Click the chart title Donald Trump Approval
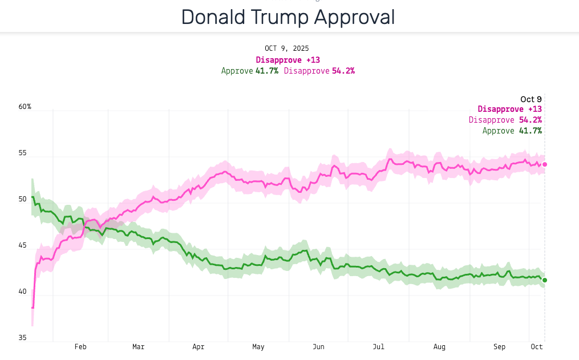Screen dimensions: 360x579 (288, 17)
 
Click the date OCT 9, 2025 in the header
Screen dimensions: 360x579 (286, 48)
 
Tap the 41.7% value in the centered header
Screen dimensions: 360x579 (267, 71)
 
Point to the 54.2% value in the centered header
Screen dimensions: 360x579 (343, 71)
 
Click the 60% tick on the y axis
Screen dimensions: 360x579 (25, 107)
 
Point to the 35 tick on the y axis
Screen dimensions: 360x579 (22, 338)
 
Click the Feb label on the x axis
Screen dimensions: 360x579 (80, 346)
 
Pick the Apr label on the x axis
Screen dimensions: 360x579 (198, 346)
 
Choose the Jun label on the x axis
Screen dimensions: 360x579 (318, 346)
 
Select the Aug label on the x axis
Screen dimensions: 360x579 (439, 346)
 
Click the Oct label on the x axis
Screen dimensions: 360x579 (536, 346)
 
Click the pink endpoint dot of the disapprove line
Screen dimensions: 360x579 (545, 164)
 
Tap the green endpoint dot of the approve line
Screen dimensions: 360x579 (545, 280)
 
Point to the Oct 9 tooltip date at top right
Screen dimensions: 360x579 (531, 99)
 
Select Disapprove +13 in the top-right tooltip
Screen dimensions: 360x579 (509, 109)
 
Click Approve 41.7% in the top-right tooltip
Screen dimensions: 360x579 (512, 131)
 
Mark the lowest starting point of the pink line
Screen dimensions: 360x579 (33, 308)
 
